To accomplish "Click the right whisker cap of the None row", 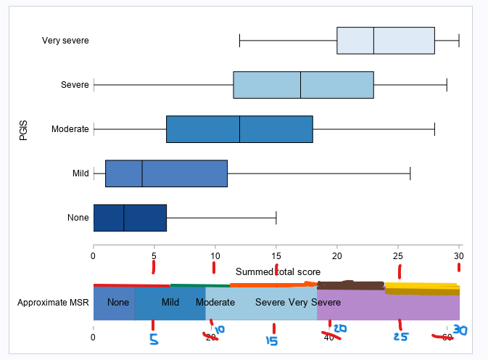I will (276, 217).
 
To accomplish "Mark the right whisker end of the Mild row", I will (410, 173).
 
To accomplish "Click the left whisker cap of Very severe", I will (239, 40).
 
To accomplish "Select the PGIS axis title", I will (23, 129).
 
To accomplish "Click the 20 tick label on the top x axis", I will (337, 255).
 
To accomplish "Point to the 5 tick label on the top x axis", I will (154, 255).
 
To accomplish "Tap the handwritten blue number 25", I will (400, 337).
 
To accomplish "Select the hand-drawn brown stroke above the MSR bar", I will (351, 285).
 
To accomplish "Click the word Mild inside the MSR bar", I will (170, 302).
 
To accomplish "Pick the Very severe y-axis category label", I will (65, 41).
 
